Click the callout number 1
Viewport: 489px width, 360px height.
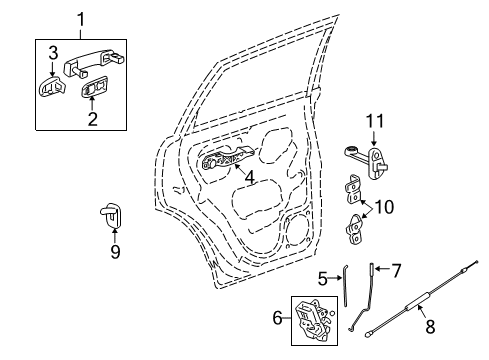[82, 19]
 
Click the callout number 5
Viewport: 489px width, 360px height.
[321, 278]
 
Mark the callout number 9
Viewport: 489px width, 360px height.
[115, 252]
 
